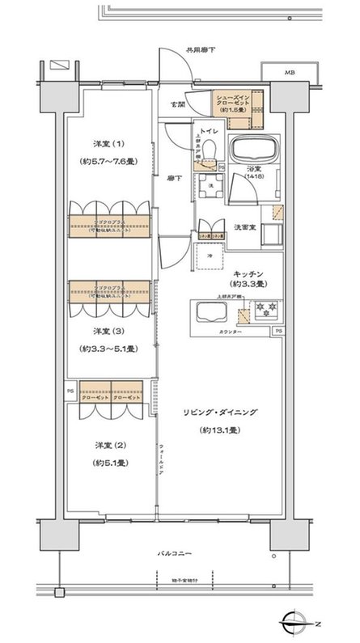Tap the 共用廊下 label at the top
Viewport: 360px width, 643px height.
(201, 50)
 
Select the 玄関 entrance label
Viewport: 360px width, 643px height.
(176, 105)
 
